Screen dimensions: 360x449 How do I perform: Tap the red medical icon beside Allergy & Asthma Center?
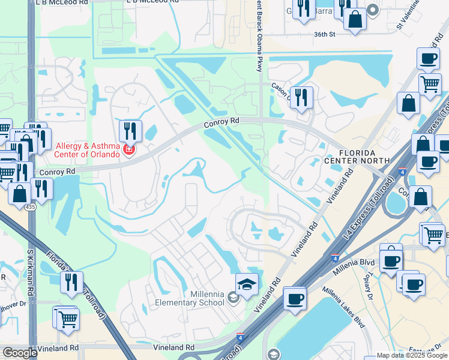click(x=127, y=150)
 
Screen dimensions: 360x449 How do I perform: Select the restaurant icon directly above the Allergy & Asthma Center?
click(x=130, y=130)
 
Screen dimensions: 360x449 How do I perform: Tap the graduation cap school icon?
click(x=247, y=284)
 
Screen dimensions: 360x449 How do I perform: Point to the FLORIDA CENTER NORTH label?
click(x=357, y=156)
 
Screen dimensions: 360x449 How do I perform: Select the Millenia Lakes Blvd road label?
click(x=343, y=307)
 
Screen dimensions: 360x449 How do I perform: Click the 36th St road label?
click(x=324, y=34)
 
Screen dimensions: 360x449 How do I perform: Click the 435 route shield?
click(x=29, y=206)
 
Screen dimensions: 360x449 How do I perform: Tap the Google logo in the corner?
click(x=20, y=353)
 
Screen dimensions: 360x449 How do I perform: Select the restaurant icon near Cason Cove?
click(x=301, y=97)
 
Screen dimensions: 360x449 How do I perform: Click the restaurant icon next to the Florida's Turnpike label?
click(x=72, y=282)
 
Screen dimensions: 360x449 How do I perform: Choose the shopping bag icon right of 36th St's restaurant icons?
click(x=355, y=19)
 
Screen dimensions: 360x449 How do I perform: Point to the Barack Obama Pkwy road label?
click(x=259, y=30)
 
